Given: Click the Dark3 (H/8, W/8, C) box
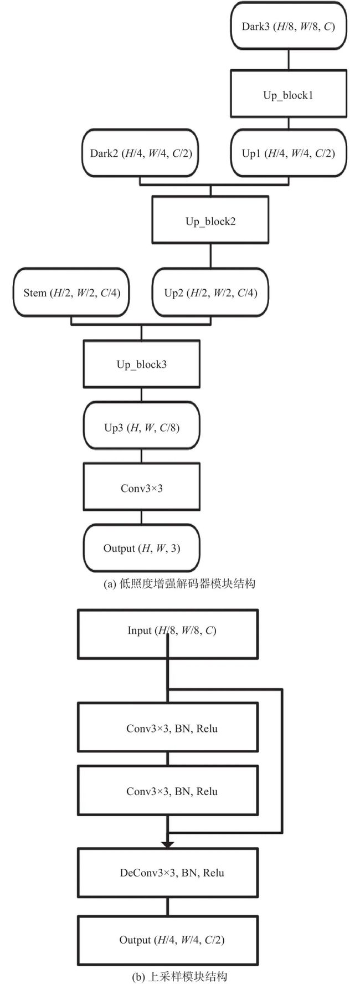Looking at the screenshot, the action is pos(288,26).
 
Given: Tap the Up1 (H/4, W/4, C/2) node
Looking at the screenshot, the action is pos(289,153).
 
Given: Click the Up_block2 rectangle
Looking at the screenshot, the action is pos(210,221).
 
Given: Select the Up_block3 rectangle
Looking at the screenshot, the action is pos(141,363).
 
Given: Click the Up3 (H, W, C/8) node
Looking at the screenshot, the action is pos(141,427).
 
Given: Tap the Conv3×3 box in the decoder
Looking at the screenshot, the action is pos(141,488).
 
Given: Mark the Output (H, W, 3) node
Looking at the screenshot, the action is pos(141,548).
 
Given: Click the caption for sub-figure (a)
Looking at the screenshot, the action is pos(179,583).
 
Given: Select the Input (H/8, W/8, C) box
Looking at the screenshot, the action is pos(168,633).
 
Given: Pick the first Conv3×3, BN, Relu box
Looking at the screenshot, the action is pos(168,727).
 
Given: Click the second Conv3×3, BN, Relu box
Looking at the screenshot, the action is pos(168,791).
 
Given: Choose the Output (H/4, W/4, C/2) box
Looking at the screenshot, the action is pos(168,940).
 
